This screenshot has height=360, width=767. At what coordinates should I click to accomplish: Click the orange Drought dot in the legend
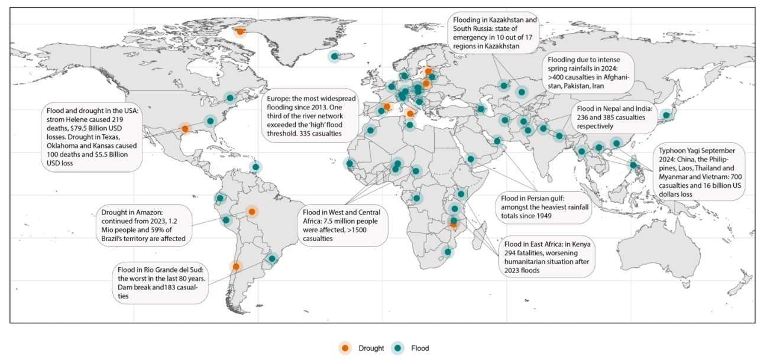[x=345, y=348]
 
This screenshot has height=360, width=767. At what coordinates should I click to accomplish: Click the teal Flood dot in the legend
[x=398, y=348]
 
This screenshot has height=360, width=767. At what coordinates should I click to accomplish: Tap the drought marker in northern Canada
[x=240, y=31]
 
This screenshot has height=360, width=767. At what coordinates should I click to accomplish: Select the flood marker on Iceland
[x=334, y=57]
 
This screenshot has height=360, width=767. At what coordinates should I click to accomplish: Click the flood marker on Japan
[x=666, y=115]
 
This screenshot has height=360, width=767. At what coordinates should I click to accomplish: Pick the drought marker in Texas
[x=185, y=129]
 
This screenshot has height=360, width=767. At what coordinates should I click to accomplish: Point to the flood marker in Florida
[x=211, y=121]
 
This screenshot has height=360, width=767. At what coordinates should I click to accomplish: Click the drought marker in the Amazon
[x=252, y=212]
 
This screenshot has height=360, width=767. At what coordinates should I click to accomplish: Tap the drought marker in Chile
[x=236, y=267]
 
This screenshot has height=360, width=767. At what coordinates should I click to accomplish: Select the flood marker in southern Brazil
[x=272, y=259]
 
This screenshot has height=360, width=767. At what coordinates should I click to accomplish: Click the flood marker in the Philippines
[x=633, y=165]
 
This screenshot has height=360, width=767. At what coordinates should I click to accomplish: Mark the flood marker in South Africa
[x=448, y=252]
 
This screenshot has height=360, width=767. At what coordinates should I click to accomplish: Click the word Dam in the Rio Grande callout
[x=125, y=287]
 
